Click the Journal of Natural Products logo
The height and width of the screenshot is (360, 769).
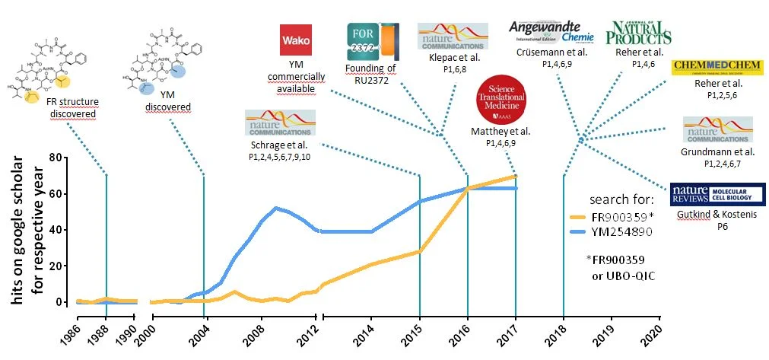click(638, 33)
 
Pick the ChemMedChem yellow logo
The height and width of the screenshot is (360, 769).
click(717, 68)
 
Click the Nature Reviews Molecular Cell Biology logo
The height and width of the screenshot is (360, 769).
click(717, 194)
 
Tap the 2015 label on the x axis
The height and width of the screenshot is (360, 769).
click(417, 335)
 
